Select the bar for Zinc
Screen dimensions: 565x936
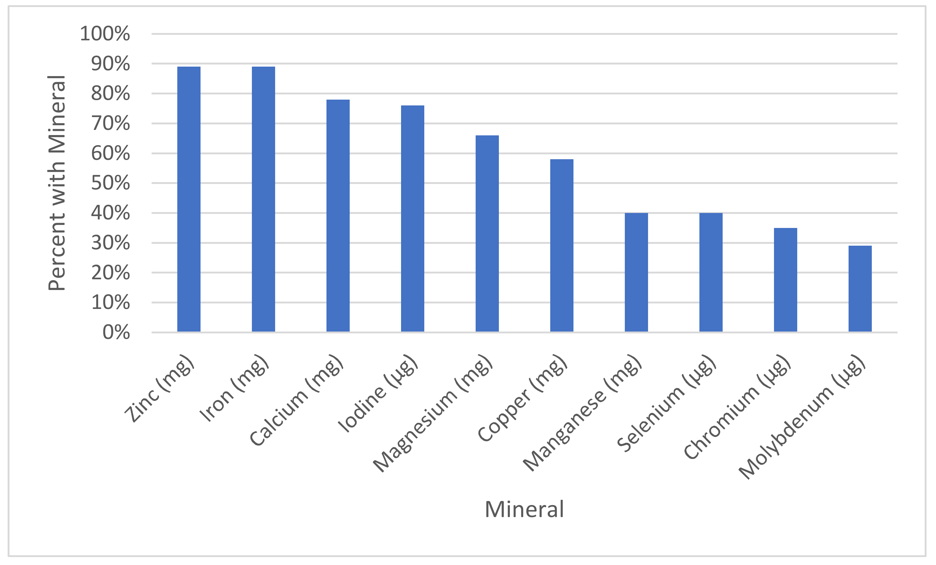(189, 199)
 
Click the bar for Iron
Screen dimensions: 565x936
(263, 199)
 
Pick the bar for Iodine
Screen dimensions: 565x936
(413, 219)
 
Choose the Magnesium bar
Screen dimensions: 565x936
(487, 233)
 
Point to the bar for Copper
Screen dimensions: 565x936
(562, 246)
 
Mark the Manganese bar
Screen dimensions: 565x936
(636, 272)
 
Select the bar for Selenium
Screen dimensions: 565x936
(711, 272)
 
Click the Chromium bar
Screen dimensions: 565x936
(785, 280)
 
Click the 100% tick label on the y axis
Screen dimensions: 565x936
(105, 34)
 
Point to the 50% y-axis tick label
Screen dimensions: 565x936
(110, 183)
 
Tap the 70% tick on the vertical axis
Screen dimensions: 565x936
(110, 123)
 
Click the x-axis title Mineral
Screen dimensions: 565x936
(524, 510)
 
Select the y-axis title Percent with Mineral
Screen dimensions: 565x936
(57, 183)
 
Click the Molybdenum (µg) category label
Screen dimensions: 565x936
(801, 418)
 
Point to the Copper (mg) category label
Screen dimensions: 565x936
(522, 399)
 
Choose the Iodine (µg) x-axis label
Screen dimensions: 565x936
(378, 394)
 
